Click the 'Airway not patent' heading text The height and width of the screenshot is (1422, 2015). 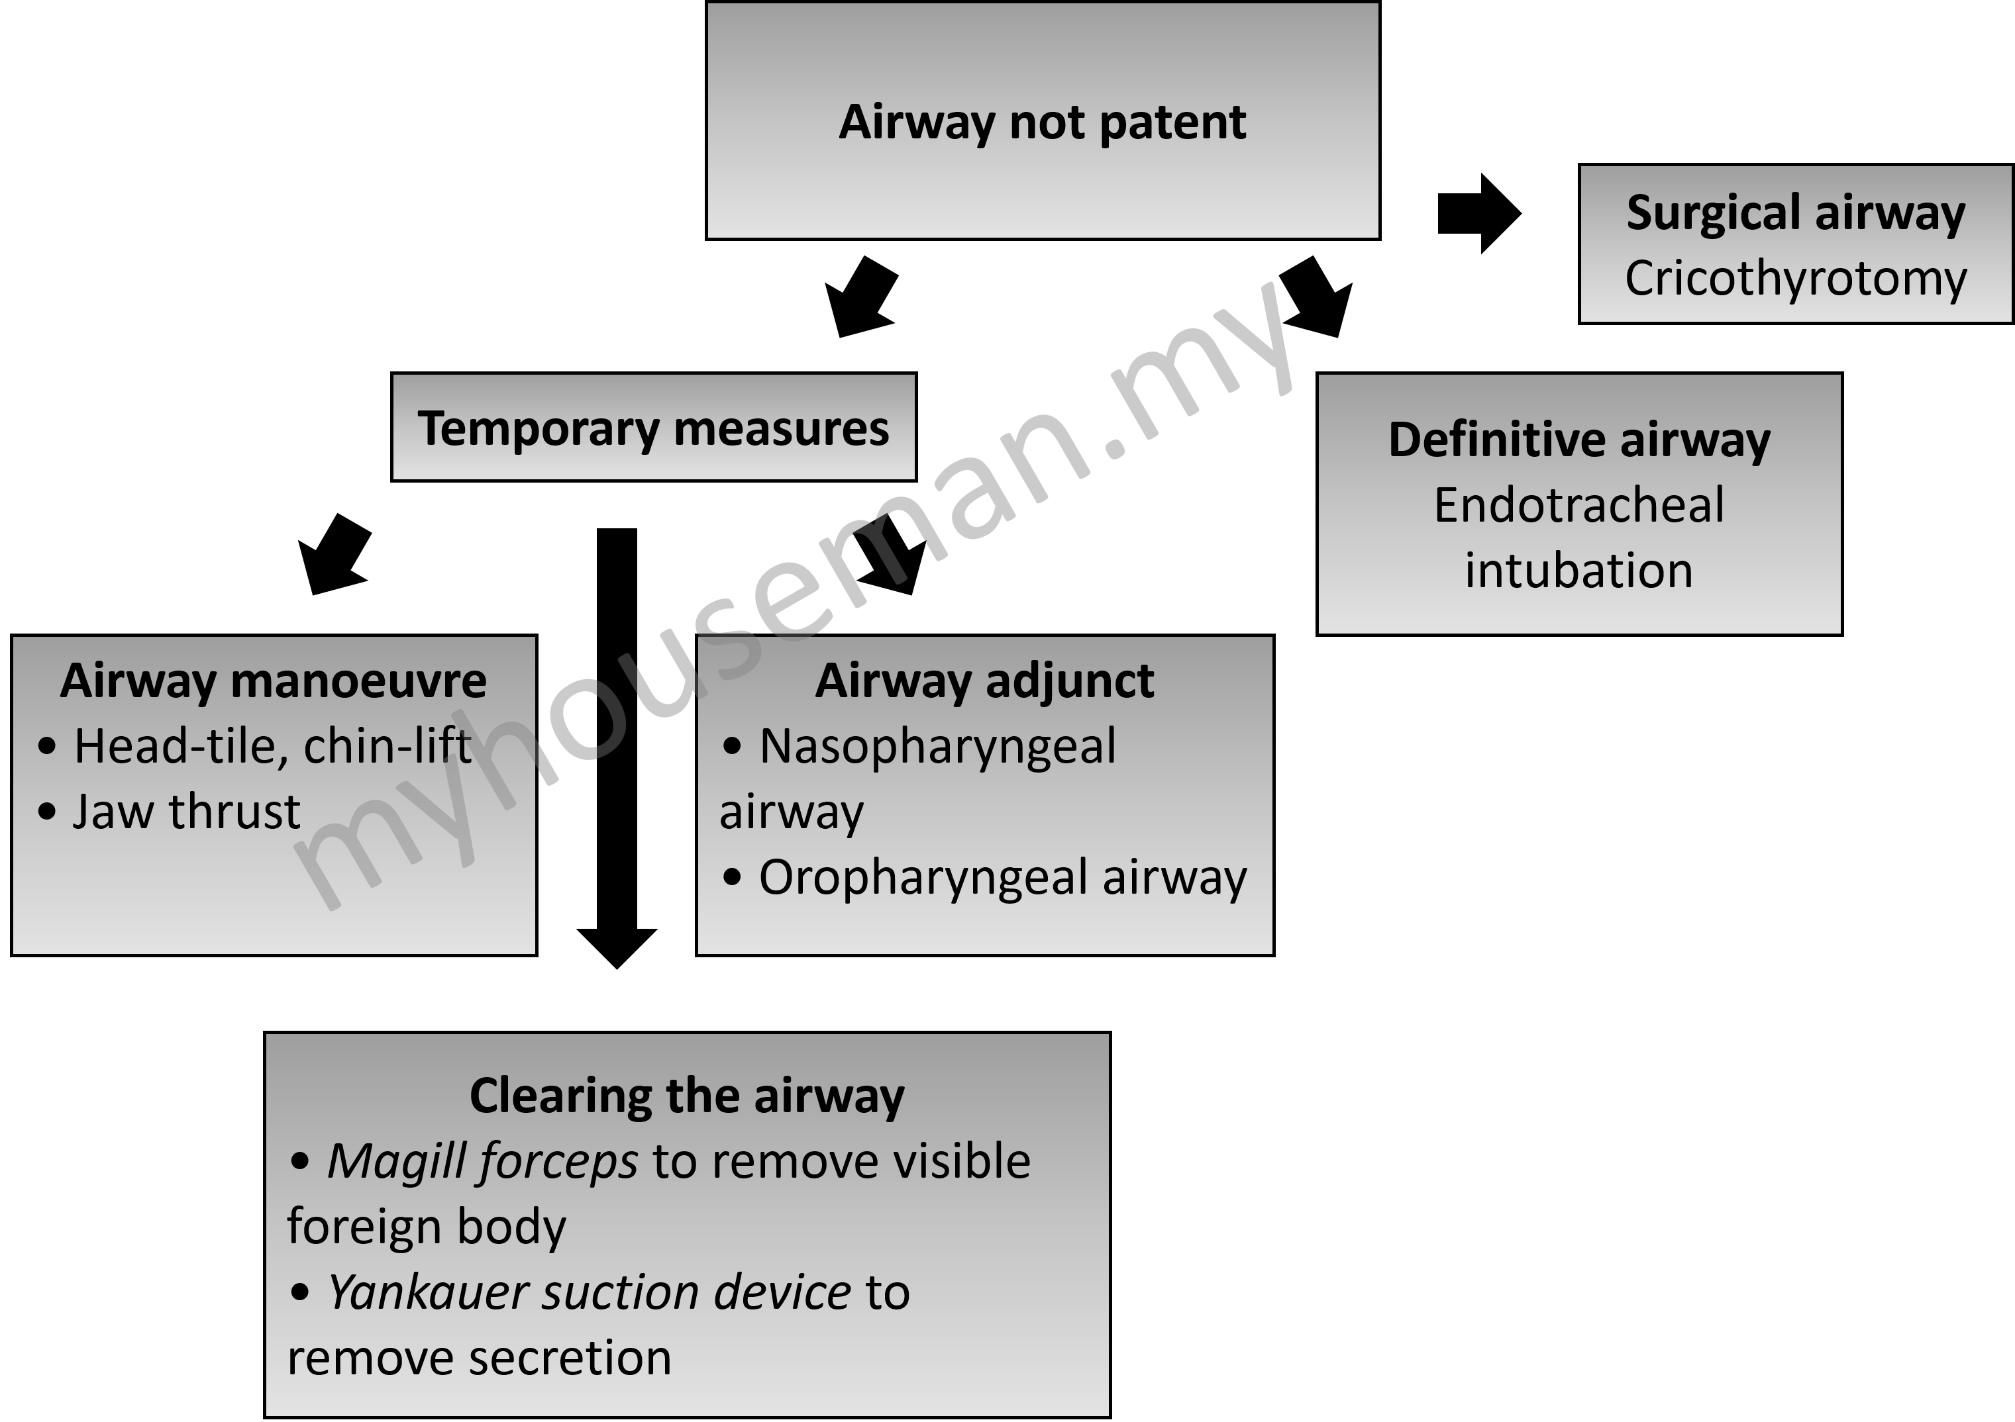1043,122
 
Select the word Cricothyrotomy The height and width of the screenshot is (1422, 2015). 1796,279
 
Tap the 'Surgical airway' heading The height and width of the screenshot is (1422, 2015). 1796,213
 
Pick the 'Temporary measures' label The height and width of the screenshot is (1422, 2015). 654,428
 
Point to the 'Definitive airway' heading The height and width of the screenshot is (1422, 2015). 1579,440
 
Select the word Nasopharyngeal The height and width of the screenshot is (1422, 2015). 937,747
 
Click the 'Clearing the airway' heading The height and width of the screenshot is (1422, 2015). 687,1096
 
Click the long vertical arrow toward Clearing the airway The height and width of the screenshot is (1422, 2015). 617,748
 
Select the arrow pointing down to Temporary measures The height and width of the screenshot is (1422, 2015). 861,297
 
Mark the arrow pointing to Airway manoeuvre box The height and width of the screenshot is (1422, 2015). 335,554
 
